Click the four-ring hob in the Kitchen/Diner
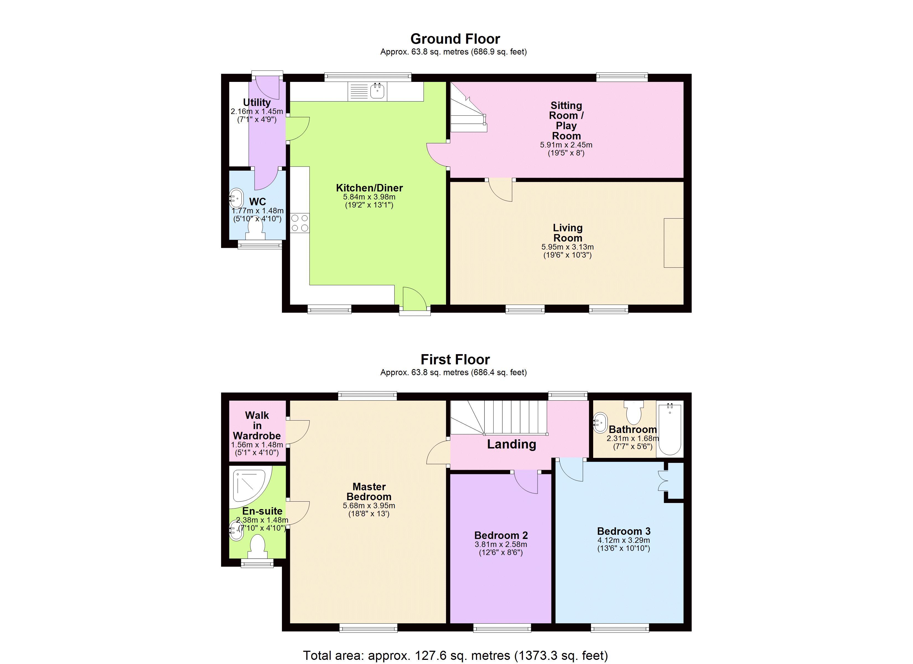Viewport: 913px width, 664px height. click(x=300, y=223)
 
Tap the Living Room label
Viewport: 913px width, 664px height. click(x=568, y=233)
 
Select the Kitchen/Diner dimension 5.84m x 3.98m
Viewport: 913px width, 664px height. click(x=369, y=197)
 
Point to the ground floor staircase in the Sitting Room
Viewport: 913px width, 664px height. click(x=468, y=108)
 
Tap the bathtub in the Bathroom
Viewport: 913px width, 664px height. click(x=670, y=429)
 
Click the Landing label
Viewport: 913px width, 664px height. click(x=511, y=444)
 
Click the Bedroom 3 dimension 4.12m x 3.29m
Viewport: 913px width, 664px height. click(x=624, y=540)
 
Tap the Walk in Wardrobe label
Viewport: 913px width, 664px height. click(x=257, y=426)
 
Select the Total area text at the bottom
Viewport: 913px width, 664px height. click(x=455, y=655)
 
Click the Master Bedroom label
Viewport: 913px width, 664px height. click(x=369, y=492)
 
